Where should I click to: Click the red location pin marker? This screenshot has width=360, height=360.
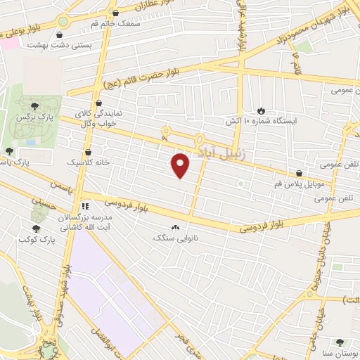(181, 165)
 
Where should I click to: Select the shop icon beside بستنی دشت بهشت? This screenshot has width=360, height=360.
(62, 34)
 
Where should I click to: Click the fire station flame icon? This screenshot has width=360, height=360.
(262, 110)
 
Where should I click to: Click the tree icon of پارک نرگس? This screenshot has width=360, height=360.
(35, 105)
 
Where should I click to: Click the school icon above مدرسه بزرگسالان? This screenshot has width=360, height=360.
(84, 207)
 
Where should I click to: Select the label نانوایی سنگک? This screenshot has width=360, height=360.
(176, 238)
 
